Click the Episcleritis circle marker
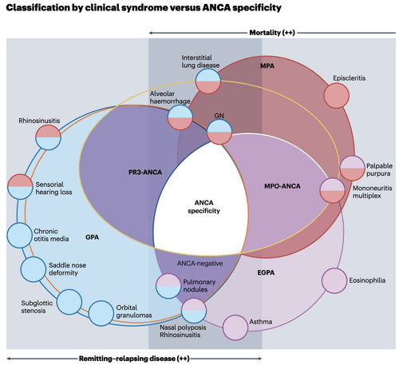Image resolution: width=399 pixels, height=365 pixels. (337, 96)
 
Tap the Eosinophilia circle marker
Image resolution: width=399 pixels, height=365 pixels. (334, 281)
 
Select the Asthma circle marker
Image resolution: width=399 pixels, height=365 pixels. (235, 327)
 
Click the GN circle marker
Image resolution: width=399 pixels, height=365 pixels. (219, 132)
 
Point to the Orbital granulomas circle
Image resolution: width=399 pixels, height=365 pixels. (101, 313)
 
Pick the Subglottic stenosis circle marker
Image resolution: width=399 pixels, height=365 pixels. (69, 302)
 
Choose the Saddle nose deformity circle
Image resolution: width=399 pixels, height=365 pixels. (34, 269)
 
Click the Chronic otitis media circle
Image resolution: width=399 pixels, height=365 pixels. (19, 236)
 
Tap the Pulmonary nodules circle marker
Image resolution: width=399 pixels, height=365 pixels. (168, 286)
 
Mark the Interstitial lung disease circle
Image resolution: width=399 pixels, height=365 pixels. (208, 81)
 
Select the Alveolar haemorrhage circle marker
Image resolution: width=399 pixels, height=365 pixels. (180, 117)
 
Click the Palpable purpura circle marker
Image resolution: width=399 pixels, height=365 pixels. (352, 169)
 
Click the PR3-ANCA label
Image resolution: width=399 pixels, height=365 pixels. (145, 173)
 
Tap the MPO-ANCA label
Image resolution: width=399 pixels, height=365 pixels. (282, 186)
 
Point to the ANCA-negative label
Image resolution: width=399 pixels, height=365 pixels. (200, 264)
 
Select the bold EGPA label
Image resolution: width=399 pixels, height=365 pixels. (266, 272)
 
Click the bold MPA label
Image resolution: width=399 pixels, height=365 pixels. (267, 65)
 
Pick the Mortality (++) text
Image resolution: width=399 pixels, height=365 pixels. (272, 33)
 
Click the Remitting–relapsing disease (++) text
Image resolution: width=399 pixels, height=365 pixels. (134, 359)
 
